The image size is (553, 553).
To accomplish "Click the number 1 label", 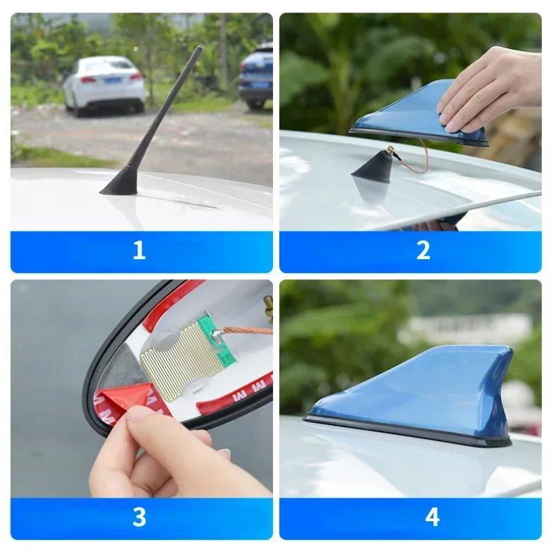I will [139, 250].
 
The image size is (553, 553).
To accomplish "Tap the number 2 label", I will [423, 250].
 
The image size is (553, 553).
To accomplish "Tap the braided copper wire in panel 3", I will [245, 330].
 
